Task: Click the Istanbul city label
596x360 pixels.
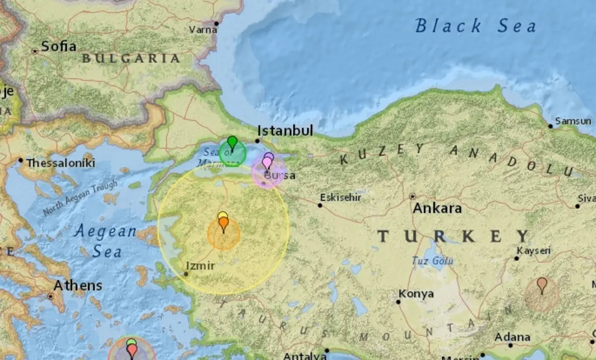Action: [285, 131]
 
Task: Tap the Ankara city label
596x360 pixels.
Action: [437, 208]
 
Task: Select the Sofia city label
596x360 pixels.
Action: [59, 47]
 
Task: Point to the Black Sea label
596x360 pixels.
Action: [475, 26]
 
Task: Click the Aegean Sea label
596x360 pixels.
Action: [105, 241]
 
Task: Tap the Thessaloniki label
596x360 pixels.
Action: [60, 163]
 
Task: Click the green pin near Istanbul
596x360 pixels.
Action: [232, 142]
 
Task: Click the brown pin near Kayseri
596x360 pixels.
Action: [542, 284]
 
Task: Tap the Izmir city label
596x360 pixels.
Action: [201, 266]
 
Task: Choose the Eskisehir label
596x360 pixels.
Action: [341, 198]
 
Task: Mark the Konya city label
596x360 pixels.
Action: [416, 294]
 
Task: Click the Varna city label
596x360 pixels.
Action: [203, 30]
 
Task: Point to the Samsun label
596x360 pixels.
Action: [573, 121]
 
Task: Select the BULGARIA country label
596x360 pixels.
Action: [131, 59]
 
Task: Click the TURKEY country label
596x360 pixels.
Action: [453, 236]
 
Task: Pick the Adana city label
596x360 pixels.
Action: [512, 338]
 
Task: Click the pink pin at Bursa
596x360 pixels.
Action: [267, 162]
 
